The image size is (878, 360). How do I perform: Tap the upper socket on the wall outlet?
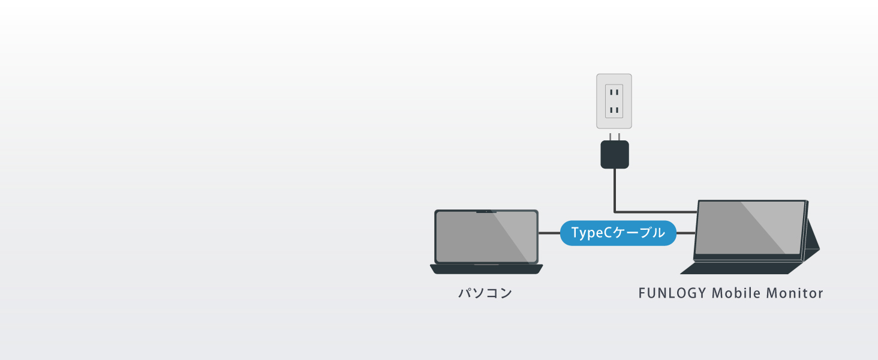click(x=614, y=92)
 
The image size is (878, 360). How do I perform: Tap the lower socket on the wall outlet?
click(x=614, y=110)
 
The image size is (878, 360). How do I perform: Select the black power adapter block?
click(x=615, y=154)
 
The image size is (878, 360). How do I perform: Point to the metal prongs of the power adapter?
click(x=615, y=136)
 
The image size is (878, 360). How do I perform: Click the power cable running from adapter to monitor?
click(x=615, y=192)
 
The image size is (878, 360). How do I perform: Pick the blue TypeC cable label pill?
click(x=618, y=233)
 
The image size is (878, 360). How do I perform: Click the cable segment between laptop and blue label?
click(x=549, y=233)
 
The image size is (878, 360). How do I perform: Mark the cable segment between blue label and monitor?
click(x=685, y=233)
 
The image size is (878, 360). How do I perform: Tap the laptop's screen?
click(x=486, y=237)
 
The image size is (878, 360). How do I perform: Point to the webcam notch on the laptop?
click(x=486, y=211)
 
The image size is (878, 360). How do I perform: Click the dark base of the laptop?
click(x=486, y=269)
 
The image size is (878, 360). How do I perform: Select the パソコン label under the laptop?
click(x=485, y=293)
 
